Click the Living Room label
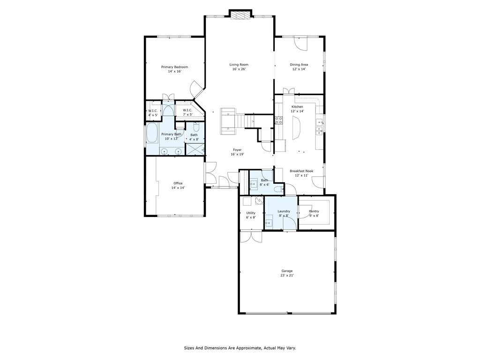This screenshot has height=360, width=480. (x=239, y=65)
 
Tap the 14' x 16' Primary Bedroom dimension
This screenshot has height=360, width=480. (x=175, y=71)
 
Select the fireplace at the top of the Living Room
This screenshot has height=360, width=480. (x=240, y=15)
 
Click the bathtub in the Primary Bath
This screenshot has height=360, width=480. (x=152, y=133)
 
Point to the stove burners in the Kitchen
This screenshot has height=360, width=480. (x=279, y=120)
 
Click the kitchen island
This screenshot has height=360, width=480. (x=297, y=129)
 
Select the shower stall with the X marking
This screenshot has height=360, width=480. (x=195, y=149)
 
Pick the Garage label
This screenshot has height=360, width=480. (x=287, y=271)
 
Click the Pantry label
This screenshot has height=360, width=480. (x=314, y=211)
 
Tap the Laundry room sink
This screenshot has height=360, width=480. (x=269, y=223)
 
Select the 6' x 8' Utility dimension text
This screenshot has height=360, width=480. (x=251, y=217)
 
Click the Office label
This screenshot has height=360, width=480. (x=178, y=183)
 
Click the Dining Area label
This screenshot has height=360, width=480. (x=299, y=65)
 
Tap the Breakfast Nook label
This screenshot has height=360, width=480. (x=301, y=171)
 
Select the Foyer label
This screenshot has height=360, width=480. (x=237, y=150)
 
